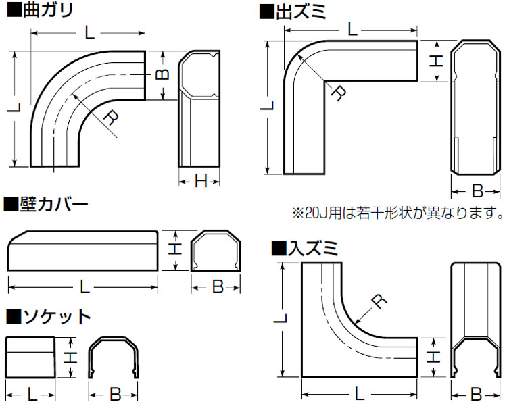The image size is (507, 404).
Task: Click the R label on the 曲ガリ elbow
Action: (111, 120)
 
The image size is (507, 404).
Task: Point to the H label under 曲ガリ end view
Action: (201, 180)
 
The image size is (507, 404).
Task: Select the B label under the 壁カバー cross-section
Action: (216, 287)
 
